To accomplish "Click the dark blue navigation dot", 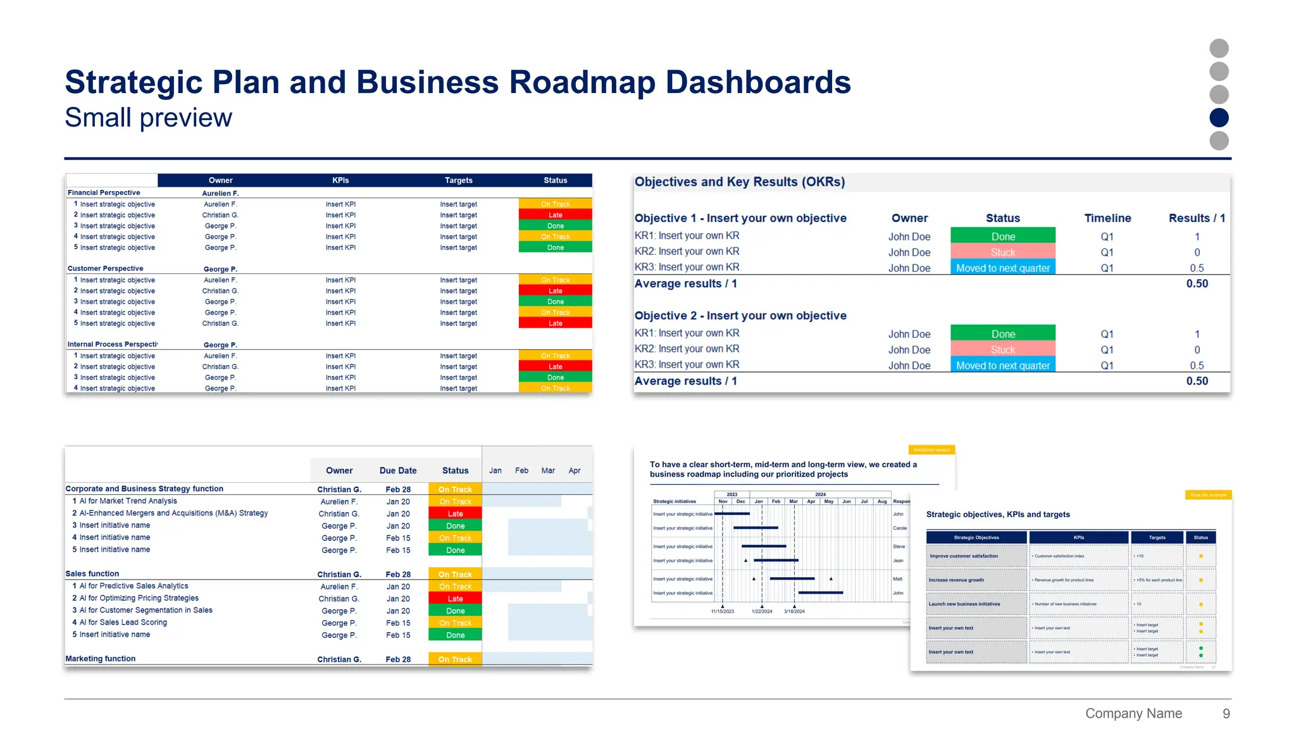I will (1218, 118).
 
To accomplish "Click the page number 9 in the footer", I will (1226, 714).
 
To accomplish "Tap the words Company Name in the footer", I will (1133, 714).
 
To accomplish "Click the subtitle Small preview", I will (148, 118).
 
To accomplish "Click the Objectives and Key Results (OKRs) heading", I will (740, 182).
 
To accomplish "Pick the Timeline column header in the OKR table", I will (1107, 218).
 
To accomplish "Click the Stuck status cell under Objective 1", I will (1002, 252).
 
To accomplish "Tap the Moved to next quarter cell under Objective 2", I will (1002, 366).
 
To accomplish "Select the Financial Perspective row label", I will (104, 193).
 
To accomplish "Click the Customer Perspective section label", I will (106, 269).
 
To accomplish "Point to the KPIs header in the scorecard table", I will (340, 180).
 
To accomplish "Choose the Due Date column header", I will (398, 471).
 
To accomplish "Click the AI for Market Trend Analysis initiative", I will (128, 501).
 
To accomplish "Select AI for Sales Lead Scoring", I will (123, 623).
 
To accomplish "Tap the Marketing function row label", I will (101, 659).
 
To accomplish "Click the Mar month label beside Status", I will (548, 471).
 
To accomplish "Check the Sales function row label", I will (92, 574).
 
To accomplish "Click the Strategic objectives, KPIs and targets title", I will (998, 514).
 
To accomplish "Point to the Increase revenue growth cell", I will (956, 580).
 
